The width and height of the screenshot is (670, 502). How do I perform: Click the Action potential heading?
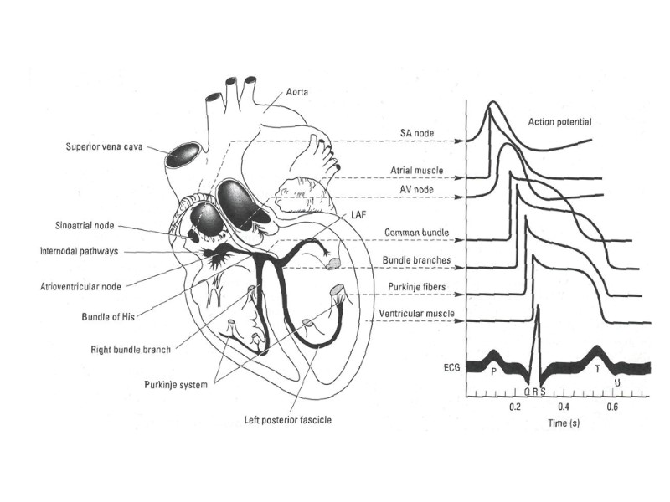[x=559, y=122]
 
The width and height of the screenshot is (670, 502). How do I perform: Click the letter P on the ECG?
[x=493, y=370]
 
